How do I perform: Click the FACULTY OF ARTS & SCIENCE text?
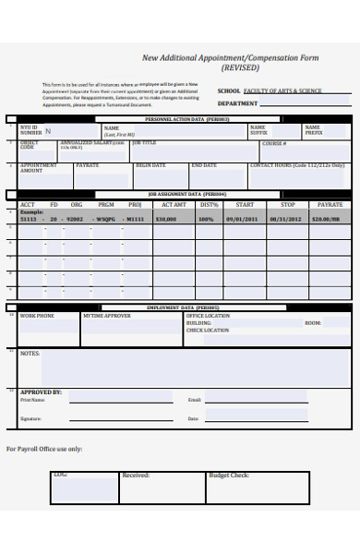(282, 91)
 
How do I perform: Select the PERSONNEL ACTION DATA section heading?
(186, 120)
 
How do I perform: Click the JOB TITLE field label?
(145, 142)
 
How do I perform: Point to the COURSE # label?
(274, 143)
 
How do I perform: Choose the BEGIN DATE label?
(150, 165)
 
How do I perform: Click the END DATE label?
(203, 165)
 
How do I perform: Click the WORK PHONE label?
(37, 316)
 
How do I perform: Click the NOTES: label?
(30, 353)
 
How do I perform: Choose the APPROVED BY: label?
(41, 391)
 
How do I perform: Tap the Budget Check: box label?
(229, 476)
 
